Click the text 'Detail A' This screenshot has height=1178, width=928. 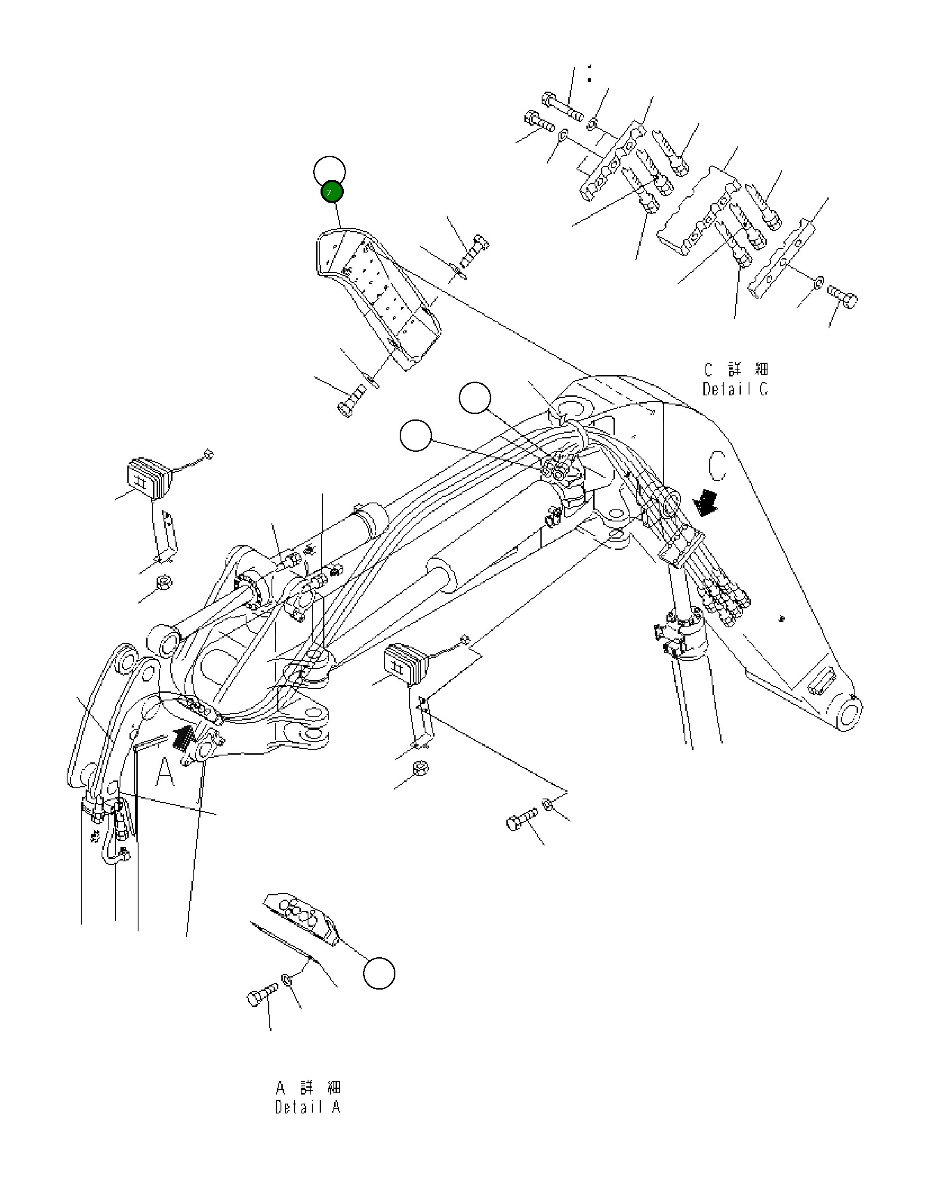pos(308,1107)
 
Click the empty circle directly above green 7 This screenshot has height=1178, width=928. pos(329,171)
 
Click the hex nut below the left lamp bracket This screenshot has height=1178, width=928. pos(163,583)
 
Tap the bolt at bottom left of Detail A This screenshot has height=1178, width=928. pos(261,996)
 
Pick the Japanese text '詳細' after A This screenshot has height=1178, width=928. pos(321,1087)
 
